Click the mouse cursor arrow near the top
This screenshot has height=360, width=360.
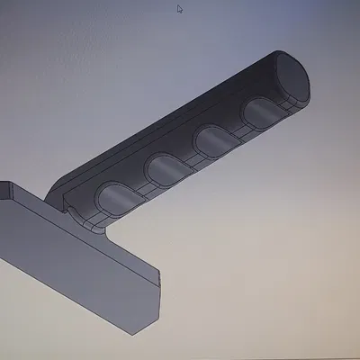click(179, 9)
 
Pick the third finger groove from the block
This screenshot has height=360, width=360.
click(214, 139)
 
